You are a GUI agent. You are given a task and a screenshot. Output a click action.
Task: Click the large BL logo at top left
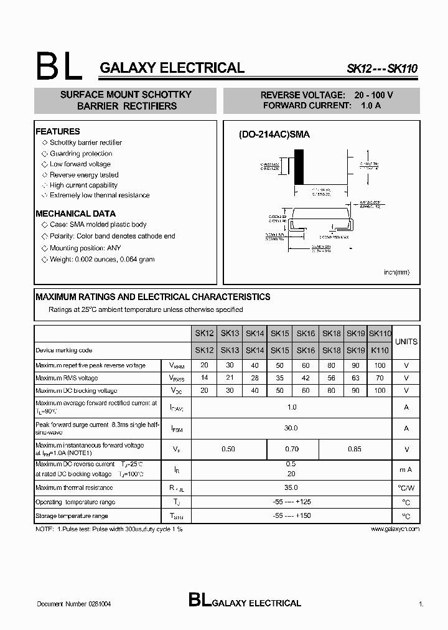(58, 66)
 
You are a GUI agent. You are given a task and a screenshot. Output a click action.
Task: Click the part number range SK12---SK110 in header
(381, 70)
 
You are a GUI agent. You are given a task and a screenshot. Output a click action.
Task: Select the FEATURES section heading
(58, 131)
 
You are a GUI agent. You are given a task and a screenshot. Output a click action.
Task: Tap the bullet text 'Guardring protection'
(81, 153)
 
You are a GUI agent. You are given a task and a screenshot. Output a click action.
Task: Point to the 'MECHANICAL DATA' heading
(75, 214)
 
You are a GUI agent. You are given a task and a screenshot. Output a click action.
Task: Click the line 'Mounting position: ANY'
(85, 248)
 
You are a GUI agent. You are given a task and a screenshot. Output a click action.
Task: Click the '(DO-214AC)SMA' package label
(274, 134)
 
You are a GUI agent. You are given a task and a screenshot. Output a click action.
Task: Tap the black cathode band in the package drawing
(299, 167)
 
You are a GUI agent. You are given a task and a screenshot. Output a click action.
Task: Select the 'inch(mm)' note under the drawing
(396, 272)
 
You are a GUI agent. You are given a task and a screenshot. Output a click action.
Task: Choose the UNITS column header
(406, 342)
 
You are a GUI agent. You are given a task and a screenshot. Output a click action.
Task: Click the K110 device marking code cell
(380, 350)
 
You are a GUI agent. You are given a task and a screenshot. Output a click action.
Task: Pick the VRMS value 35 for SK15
(280, 378)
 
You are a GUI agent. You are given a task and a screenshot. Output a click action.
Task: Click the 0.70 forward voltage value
(292, 449)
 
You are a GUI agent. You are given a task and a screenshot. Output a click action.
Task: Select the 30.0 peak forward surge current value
(291, 428)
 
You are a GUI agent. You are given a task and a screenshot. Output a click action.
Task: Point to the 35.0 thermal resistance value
(291, 488)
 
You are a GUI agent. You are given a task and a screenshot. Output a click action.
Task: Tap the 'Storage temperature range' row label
(72, 516)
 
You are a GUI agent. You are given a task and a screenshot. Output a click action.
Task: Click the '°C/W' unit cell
(406, 488)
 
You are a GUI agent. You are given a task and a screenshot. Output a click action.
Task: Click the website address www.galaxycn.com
(394, 529)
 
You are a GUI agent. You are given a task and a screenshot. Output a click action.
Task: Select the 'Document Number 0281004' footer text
(74, 604)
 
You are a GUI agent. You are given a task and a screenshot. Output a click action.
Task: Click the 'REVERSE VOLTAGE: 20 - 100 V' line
(327, 95)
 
